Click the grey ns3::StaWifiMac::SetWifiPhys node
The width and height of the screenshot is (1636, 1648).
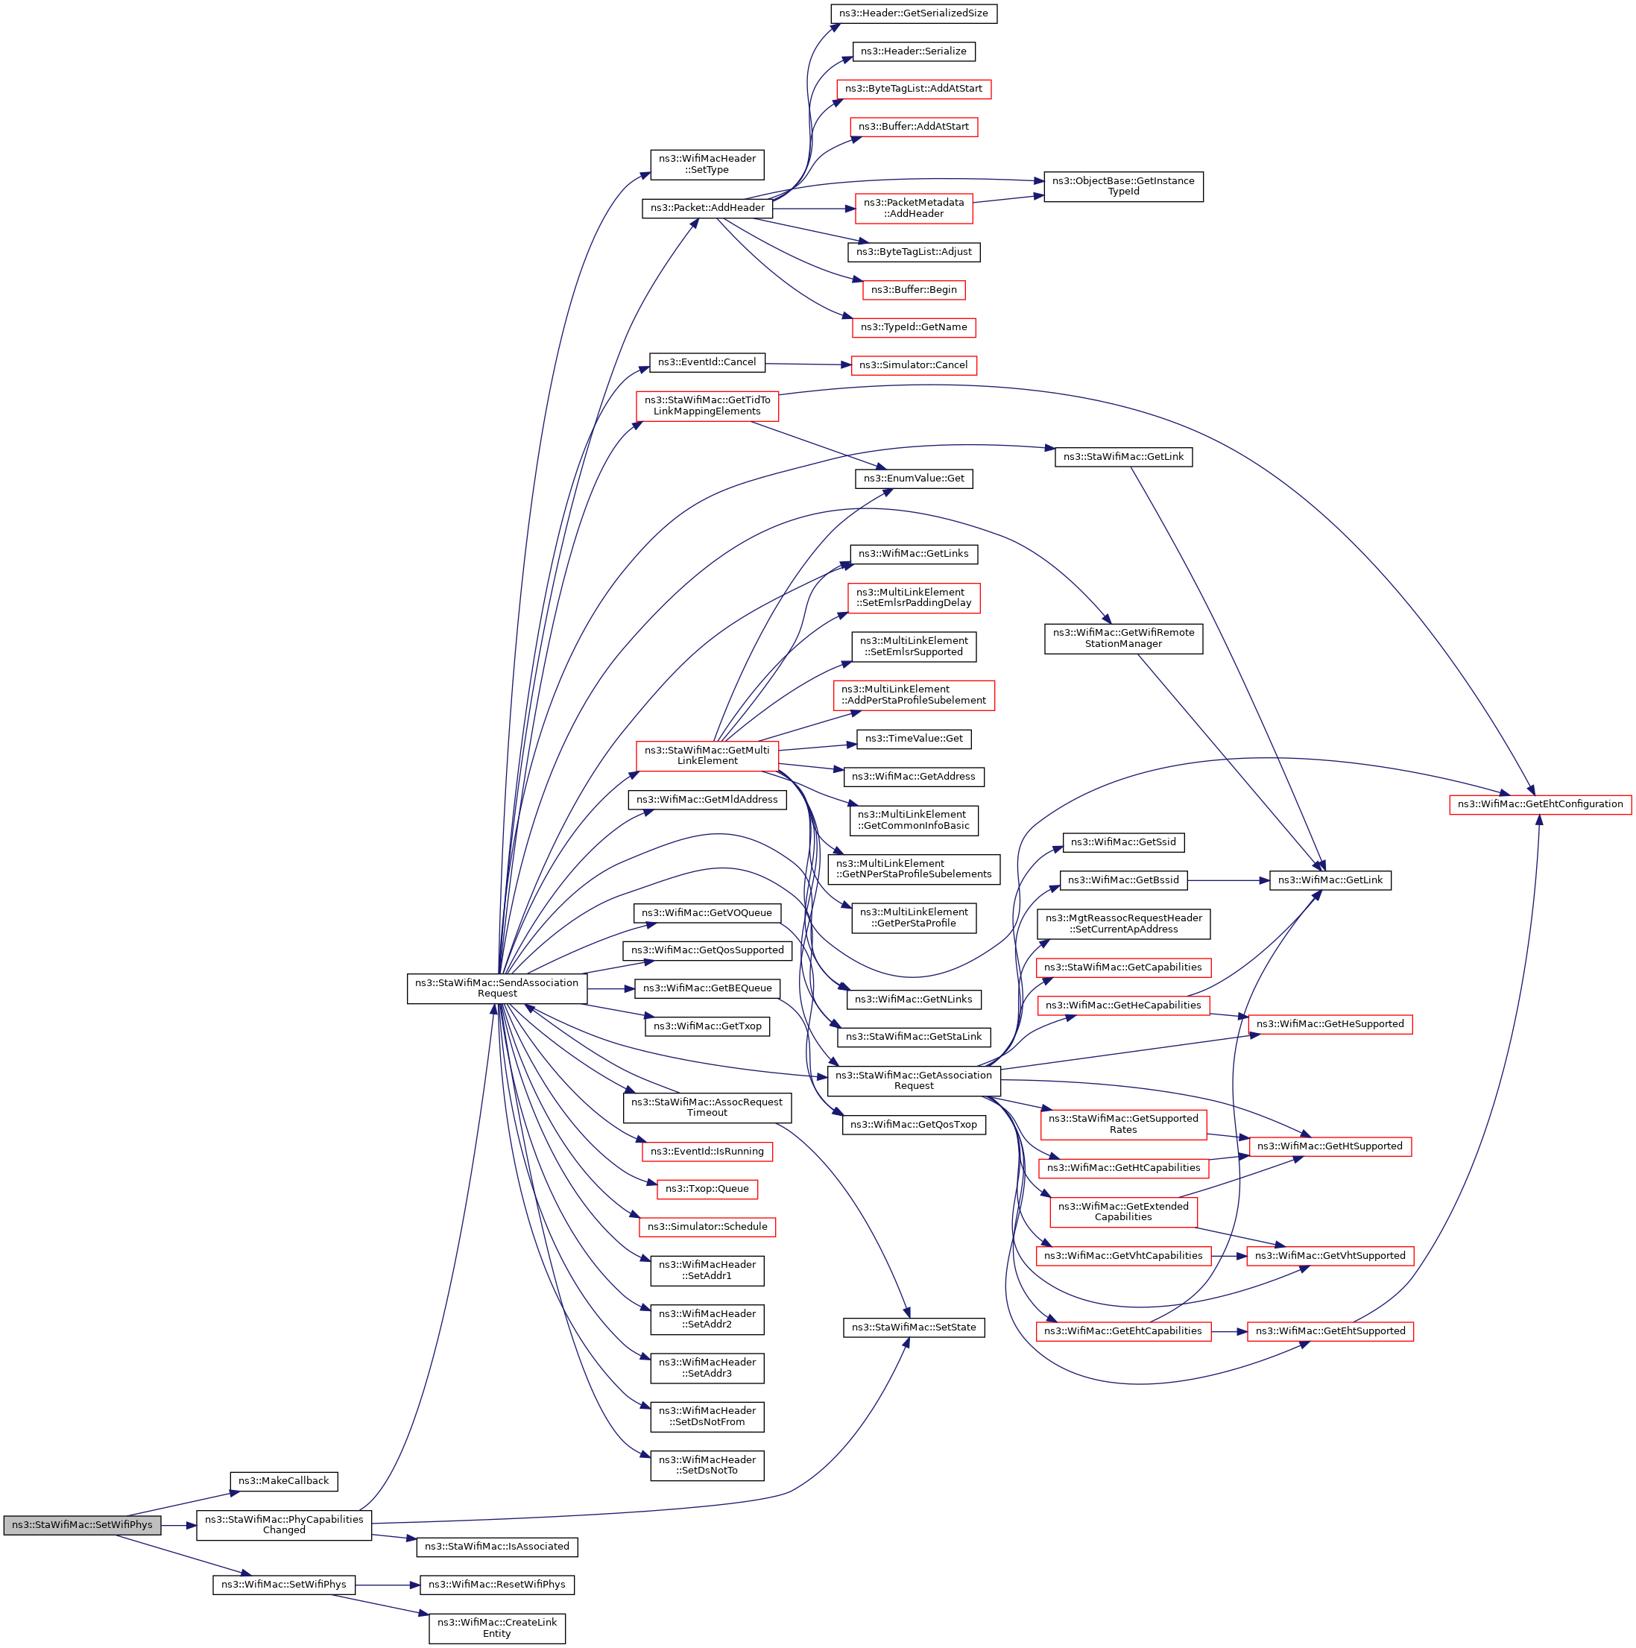pos(82,1524)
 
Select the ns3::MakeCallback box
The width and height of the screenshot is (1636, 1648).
pos(283,1481)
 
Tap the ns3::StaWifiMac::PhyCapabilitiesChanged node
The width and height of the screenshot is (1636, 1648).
pos(283,1524)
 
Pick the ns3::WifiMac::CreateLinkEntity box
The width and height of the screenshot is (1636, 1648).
pos(496,1628)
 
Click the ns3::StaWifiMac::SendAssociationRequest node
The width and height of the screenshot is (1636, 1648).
pos(496,988)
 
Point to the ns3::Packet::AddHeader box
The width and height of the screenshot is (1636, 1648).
pos(707,208)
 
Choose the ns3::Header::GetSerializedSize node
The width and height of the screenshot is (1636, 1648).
pos(914,13)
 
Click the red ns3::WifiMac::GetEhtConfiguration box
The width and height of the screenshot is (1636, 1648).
pos(1540,804)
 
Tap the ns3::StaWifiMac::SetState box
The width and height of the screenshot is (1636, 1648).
pos(914,1327)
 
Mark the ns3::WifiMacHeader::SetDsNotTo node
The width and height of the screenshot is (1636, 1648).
pos(707,1465)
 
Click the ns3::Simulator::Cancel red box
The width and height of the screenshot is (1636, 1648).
pos(913,365)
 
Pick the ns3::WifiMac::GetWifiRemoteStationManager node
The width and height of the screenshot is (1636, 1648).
pos(1122,638)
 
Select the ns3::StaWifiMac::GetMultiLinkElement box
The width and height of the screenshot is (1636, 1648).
pos(707,756)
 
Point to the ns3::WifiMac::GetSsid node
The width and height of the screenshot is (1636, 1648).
pos(1122,842)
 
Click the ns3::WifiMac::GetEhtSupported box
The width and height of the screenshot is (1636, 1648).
pos(1330,1330)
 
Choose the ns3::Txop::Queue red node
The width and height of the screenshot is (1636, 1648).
pos(707,1188)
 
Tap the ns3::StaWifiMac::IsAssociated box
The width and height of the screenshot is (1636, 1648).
pos(496,1547)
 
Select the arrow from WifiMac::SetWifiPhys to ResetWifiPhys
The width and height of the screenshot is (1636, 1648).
pos(388,1585)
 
